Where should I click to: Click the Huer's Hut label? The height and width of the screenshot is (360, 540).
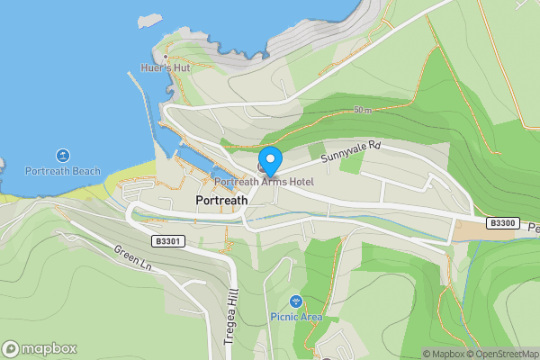coord(166,67)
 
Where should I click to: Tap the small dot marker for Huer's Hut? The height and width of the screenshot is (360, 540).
coord(166,57)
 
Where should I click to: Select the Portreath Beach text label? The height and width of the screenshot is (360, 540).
coord(62,171)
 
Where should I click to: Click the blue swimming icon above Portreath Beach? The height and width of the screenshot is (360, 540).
coord(62,156)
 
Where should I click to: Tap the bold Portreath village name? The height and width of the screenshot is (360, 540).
coord(220,201)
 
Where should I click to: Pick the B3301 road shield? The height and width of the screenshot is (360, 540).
coord(168,241)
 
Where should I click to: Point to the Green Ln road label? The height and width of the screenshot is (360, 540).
coord(132,257)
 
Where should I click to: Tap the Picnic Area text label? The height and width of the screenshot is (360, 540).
coord(296,317)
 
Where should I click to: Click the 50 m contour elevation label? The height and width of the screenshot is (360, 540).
coord(363,111)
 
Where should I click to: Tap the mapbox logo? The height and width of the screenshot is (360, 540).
coord(40,348)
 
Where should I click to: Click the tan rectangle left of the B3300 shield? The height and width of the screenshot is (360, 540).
coord(467,230)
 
